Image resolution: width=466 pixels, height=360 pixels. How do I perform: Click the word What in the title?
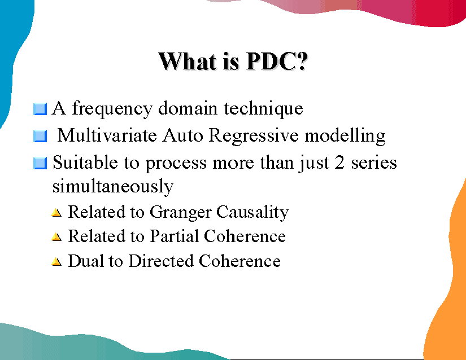pos(186,61)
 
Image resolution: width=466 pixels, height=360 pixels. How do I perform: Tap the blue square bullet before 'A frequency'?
pos(40,108)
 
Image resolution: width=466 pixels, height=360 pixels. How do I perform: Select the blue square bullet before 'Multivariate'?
pos(40,136)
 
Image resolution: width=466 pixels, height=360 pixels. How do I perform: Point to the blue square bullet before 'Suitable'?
pos(40,164)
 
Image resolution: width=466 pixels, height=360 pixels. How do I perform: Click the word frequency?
pos(112,108)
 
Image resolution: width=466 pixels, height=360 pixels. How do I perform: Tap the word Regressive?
pos(254,136)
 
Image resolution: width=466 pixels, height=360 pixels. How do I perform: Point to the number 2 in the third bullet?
pos(340,163)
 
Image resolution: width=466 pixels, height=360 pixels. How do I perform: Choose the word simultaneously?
pos(112,186)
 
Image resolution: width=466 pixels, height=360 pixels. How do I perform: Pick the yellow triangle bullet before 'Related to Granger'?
pos(56,213)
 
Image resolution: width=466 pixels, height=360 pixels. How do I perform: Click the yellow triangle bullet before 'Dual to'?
pos(56,262)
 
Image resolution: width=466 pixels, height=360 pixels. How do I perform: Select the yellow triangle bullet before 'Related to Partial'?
pos(56,238)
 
